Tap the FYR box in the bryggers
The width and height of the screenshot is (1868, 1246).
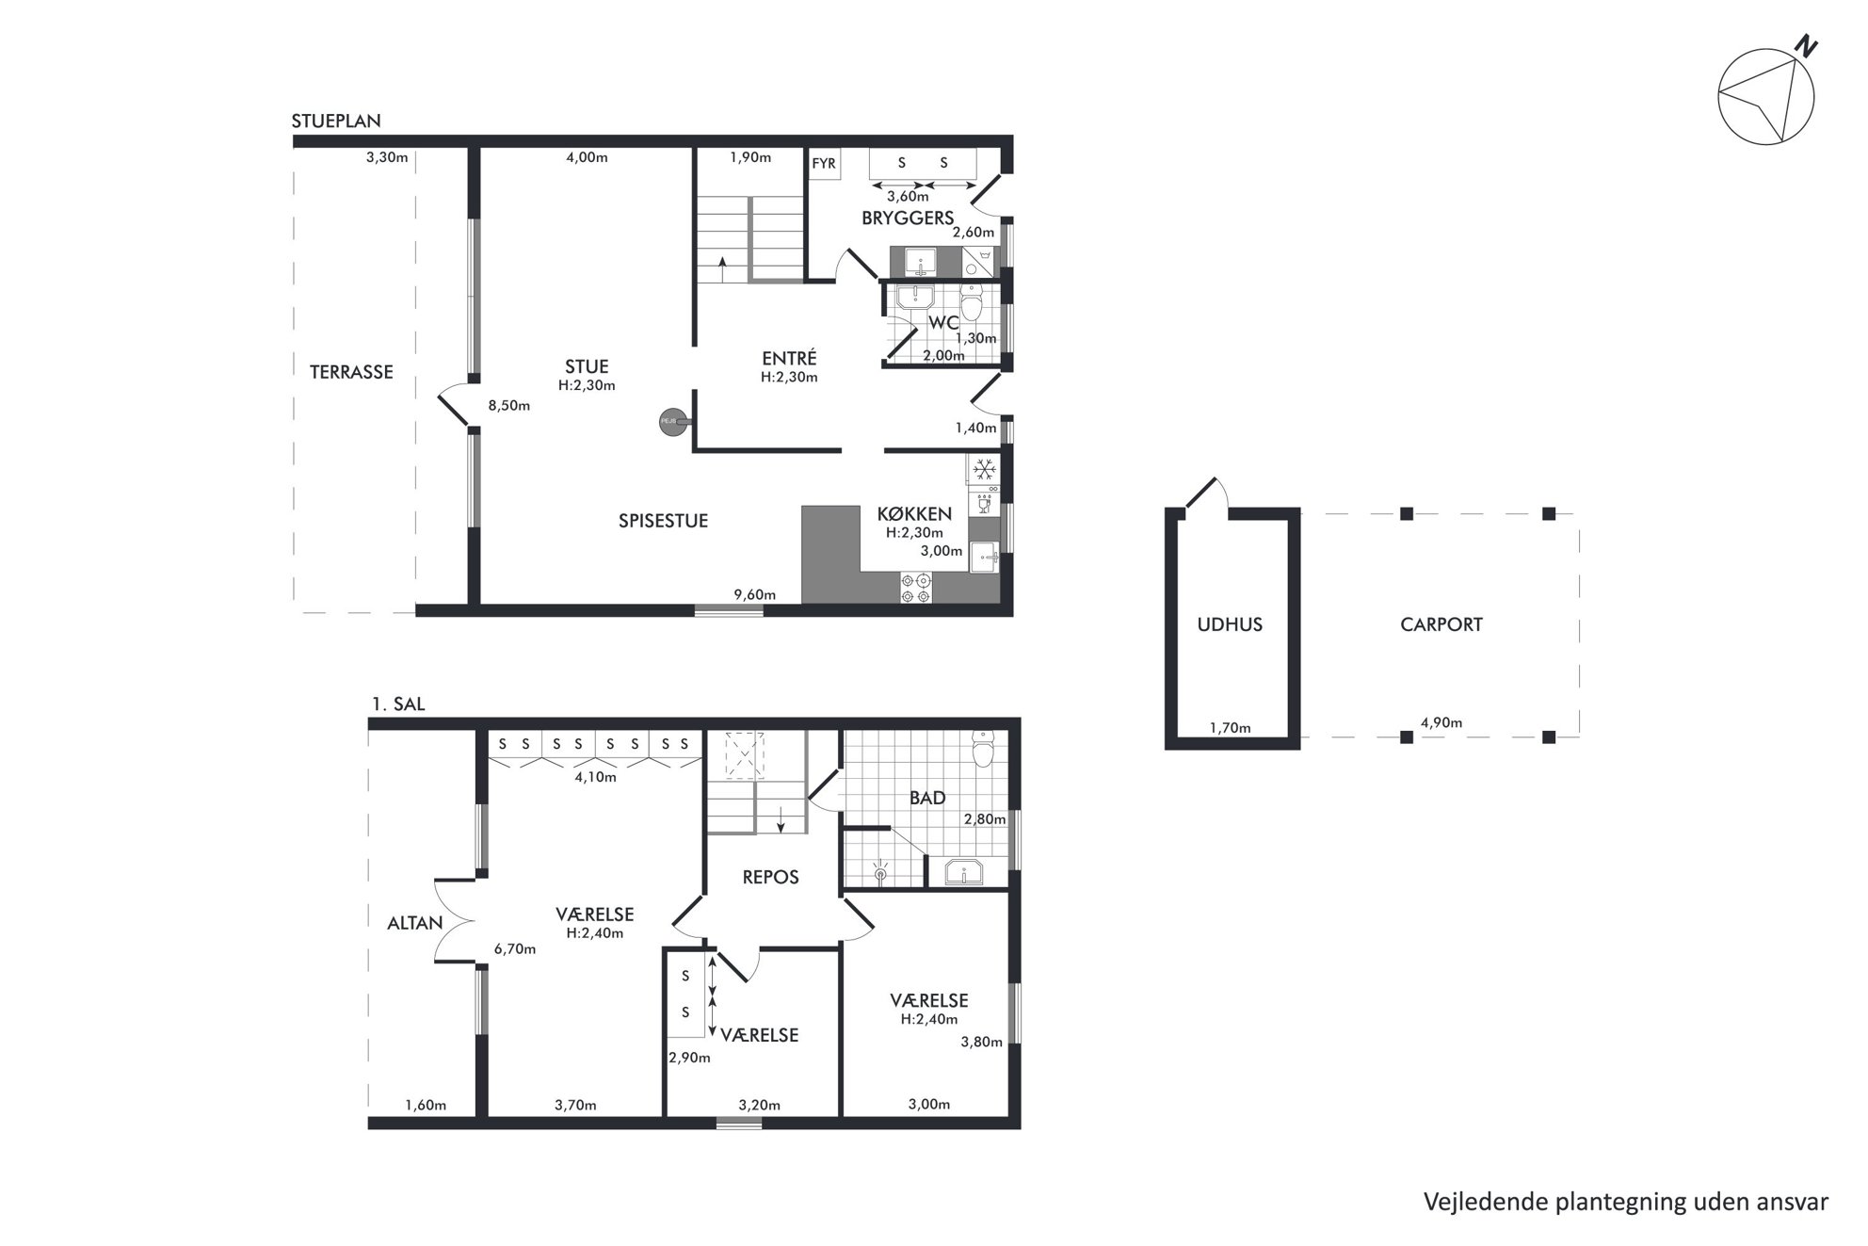click(824, 163)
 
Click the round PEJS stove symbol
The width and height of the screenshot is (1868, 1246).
click(670, 422)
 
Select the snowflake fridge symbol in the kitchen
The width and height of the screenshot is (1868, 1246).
click(984, 469)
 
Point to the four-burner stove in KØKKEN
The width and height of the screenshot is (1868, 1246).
click(916, 588)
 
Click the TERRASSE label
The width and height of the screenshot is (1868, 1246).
click(351, 372)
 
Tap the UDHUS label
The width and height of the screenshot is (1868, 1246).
click(1230, 624)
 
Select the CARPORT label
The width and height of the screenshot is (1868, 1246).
click(1441, 624)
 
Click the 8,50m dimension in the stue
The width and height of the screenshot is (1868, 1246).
click(508, 406)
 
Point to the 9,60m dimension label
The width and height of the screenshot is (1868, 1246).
click(755, 594)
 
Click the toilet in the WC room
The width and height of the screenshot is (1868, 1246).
click(972, 303)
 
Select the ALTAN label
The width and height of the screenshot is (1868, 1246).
click(415, 923)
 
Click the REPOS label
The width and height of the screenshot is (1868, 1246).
click(770, 877)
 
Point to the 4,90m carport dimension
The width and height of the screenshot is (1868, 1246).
click(1441, 723)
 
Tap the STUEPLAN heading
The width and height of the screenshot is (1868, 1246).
click(336, 121)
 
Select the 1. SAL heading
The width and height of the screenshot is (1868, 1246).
click(398, 704)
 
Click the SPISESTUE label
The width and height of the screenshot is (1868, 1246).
click(663, 521)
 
